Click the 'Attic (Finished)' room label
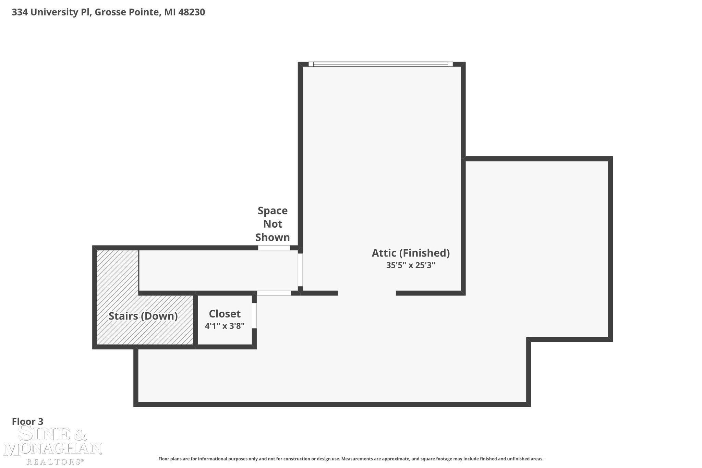(x=411, y=253)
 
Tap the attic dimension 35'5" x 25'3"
(x=411, y=265)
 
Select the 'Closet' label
(x=225, y=314)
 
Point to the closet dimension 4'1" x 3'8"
(x=225, y=326)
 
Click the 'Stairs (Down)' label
(x=143, y=316)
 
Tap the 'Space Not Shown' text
(x=273, y=224)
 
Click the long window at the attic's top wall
(x=380, y=64)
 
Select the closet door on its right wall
(x=254, y=315)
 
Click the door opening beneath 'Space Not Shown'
(x=274, y=248)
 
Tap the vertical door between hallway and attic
(x=300, y=270)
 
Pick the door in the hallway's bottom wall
(x=274, y=293)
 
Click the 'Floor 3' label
(x=28, y=421)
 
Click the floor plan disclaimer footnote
(x=351, y=459)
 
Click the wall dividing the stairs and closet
(x=195, y=320)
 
